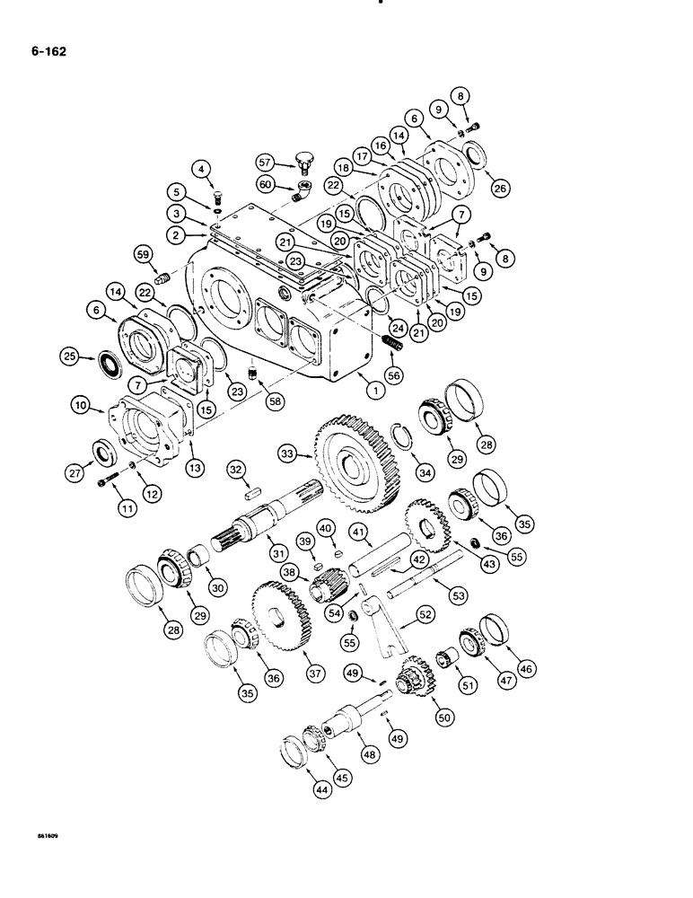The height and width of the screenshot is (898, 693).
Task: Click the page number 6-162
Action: point(45,51)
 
